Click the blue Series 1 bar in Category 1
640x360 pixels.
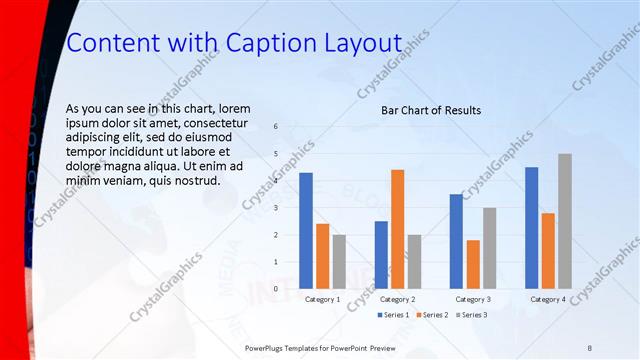click(x=306, y=231)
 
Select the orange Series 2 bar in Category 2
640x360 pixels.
click(x=398, y=229)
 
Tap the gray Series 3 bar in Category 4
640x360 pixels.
click(x=565, y=221)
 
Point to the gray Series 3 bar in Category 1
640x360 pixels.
click(x=340, y=261)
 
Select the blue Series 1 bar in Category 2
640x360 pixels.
click(x=381, y=255)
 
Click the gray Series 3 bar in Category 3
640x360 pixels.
click(x=490, y=248)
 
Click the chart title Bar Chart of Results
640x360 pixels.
click(x=431, y=110)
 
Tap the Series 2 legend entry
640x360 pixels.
click(x=431, y=315)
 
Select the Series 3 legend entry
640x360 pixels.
click(x=471, y=315)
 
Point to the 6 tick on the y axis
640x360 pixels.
click(x=276, y=126)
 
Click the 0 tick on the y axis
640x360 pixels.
click(x=276, y=288)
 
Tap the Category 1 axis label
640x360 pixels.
click(x=323, y=299)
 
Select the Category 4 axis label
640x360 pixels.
click(x=548, y=299)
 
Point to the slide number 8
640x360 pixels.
click(x=590, y=346)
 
